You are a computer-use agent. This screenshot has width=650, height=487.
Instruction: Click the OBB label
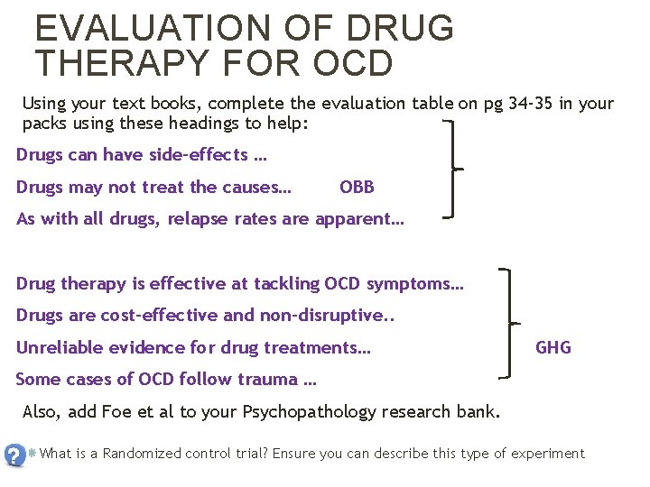point(357,188)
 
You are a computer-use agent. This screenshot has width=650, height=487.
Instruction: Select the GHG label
point(553,347)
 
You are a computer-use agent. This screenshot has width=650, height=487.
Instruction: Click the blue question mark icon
point(14,455)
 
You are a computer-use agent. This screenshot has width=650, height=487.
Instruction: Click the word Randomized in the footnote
point(143,454)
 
